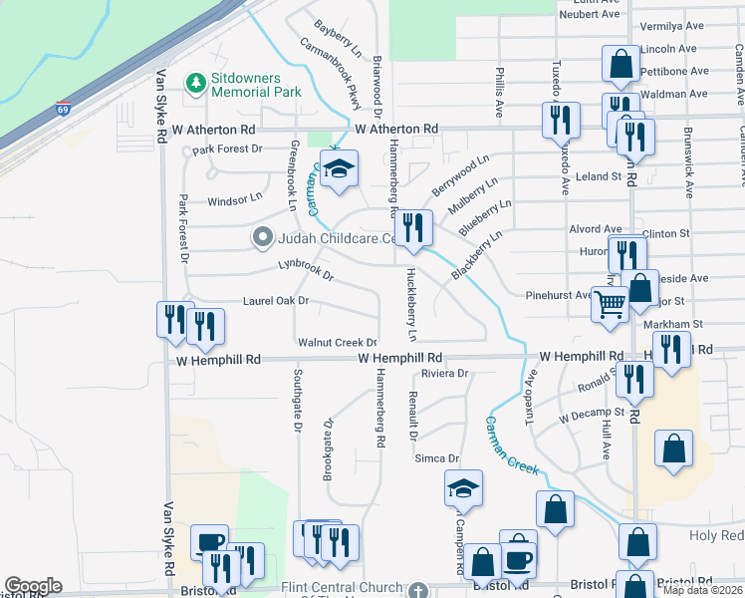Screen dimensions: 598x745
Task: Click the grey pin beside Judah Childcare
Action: point(262,237)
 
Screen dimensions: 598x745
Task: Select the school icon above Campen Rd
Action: point(463,488)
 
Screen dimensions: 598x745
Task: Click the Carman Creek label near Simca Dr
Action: point(513,444)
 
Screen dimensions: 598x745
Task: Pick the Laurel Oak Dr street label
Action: point(276,300)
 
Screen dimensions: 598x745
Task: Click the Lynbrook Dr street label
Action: point(305,269)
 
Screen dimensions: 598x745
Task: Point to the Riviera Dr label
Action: point(444,374)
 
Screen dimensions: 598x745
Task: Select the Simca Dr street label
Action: point(438,458)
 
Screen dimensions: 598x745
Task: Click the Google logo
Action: point(33,586)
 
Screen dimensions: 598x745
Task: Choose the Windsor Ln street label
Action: point(233,201)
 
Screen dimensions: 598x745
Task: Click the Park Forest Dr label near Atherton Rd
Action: point(227,149)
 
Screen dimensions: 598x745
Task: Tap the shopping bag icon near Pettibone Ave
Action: point(621,63)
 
